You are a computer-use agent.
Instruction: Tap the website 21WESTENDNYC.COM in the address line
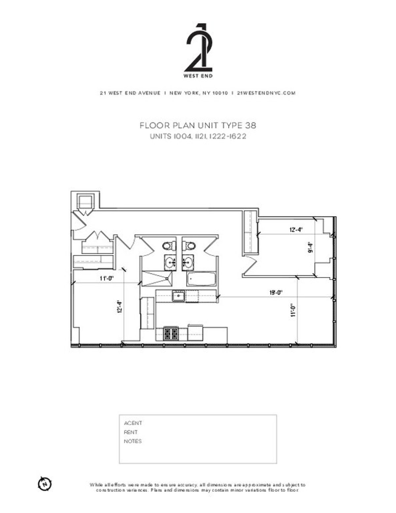coord(266,93)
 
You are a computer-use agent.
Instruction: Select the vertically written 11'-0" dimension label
coord(293,310)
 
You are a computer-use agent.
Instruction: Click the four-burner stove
coord(171,333)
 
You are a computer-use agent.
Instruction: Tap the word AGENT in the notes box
coord(133,423)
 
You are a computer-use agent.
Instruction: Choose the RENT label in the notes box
coord(131,432)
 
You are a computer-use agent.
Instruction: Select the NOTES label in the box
coord(133,441)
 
